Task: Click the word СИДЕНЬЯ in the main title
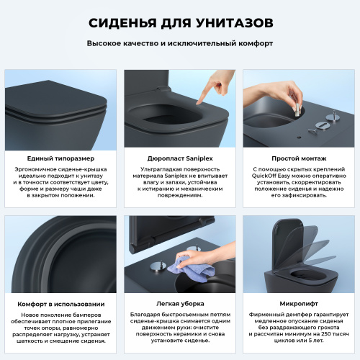click(x=120, y=23)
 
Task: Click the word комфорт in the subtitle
click(x=257, y=43)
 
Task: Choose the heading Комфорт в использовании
click(x=60, y=304)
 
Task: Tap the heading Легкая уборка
click(x=179, y=304)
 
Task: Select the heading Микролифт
click(x=298, y=304)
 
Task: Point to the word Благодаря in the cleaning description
click(x=146, y=316)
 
